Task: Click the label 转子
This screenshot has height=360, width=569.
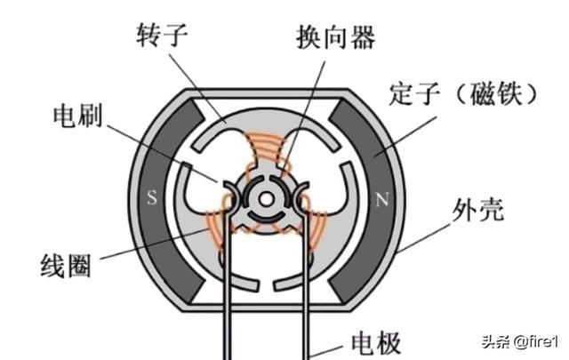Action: coord(162,35)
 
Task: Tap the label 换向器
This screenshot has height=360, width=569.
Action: coord(336,36)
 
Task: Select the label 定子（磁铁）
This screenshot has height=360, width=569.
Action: coord(462,93)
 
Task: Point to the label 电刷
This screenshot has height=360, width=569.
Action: coord(78,116)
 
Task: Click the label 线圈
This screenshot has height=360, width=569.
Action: coord(65,266)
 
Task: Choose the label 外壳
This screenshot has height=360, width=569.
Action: coord(478,210)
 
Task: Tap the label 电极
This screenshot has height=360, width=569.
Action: coord(376,342)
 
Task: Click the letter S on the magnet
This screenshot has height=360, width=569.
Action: coord(152,198)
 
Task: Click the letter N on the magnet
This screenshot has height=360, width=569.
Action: coord(381,200)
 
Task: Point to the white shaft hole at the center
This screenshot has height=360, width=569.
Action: coord(266,199)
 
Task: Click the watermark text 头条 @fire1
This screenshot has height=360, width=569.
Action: coord(519,342)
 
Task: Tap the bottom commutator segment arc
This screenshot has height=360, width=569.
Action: coord(266,217)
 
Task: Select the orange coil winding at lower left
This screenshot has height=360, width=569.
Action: coord(217,228)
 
